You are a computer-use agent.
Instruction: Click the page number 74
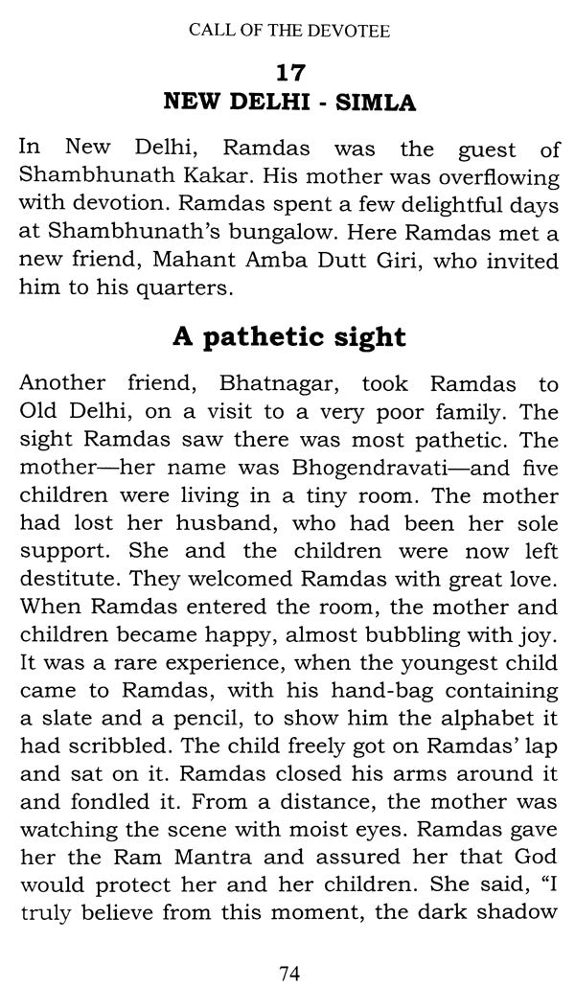point(288,973)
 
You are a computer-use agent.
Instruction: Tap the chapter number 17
point(289,72)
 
